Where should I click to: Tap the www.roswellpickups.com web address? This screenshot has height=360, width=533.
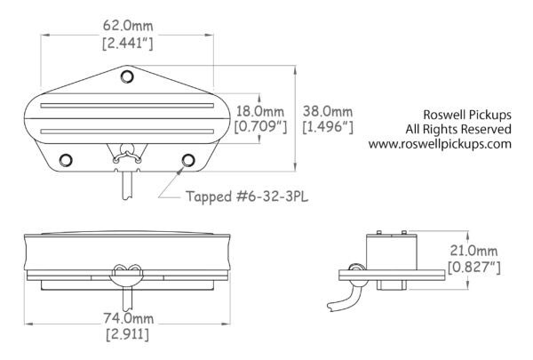440,144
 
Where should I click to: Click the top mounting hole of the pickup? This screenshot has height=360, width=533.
130,76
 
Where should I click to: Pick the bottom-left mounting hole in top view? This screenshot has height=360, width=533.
66,159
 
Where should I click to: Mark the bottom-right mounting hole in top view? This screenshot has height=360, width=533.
187,159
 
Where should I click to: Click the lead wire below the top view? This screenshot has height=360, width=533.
130,184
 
